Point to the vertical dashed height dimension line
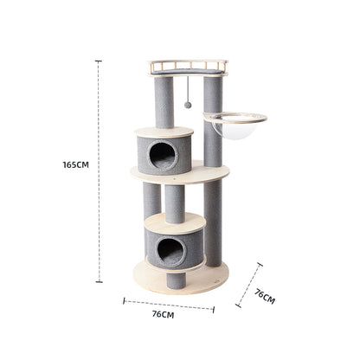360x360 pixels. (99, 216)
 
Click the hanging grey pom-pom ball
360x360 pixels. (188, 105)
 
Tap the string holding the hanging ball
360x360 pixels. (188, 88)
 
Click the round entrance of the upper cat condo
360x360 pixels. (163, 156)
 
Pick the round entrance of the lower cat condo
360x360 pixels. (170, 251)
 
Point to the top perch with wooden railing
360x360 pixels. (187, 67)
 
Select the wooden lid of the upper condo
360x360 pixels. (164, 132)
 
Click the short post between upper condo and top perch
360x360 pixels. (163, 102)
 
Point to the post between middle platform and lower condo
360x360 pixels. (175, 201)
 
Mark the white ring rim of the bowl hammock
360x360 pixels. (235, 118)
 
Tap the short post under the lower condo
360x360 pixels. (177, 279)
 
